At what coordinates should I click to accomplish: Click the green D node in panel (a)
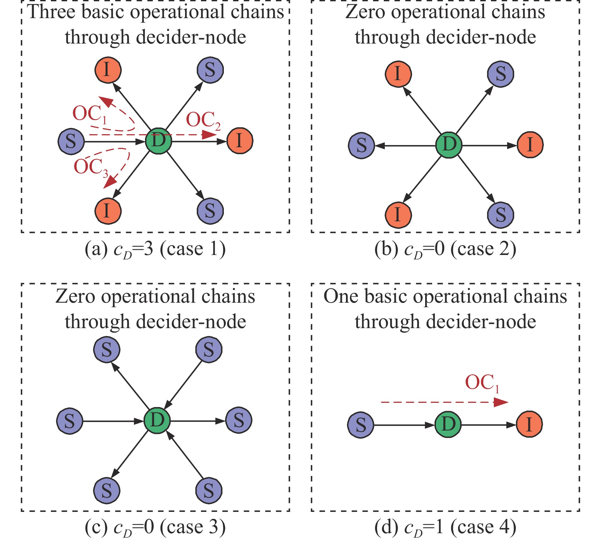pos(158,141)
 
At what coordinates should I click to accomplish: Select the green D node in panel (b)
pos(448,145)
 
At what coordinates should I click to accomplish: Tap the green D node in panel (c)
pos(157,421)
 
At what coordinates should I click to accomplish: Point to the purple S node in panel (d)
pos(361,425)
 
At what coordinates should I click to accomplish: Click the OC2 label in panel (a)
pos(203,121)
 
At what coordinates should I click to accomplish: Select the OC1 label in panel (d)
pos(481,383)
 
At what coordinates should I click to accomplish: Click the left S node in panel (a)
pos(71,141)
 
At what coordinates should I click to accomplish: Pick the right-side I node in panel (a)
pos(240,141)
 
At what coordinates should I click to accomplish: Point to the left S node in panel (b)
pos(361,146)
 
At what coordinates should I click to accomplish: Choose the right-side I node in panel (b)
pos(530,145)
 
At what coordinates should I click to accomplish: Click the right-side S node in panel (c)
pos(239,420)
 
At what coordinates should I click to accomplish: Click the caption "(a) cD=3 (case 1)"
pos(155,249)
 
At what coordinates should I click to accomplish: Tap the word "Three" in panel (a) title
pos(52,12)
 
